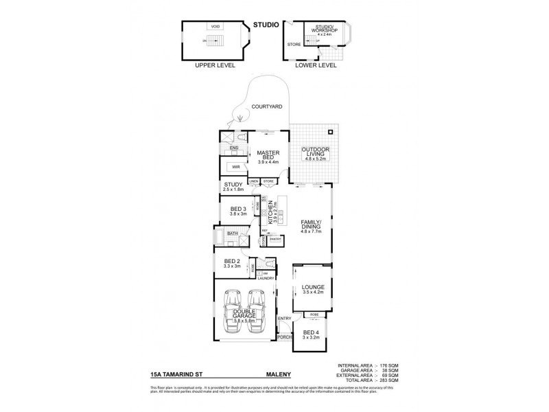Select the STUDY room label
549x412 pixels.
point(234,185)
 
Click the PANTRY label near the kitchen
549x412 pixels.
point(276,239)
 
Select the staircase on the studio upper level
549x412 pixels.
point(211,42)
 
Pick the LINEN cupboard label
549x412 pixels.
point(253,181)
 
